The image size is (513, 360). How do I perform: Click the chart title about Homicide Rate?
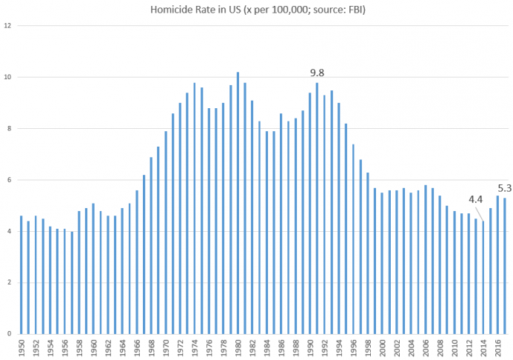pos(258,10)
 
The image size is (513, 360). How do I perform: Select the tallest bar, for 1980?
pos(238,203)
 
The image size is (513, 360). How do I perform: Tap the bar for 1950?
pos(21,275)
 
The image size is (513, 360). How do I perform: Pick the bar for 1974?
pos(195,208)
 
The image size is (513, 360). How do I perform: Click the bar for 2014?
pos(483,278)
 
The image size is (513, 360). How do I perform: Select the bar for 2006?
pos(426,259)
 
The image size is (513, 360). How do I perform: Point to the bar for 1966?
pos(137,262)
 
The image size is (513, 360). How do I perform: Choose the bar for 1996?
pos(353,239)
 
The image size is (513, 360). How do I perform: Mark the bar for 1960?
pos(93,269)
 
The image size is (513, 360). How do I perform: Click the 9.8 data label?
pos(317,73)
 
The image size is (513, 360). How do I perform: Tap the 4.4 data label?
pos(475,199)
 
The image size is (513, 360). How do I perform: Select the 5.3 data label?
pos(505,188)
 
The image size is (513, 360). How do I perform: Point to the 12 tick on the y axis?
pos(7,25)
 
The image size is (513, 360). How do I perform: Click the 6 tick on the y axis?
pos(9,180)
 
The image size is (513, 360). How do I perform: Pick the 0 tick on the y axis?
pos(9,334)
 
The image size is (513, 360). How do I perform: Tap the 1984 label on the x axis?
pos(267,348)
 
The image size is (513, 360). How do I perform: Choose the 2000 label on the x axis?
pos(383,348)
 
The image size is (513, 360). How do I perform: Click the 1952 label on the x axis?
pos(36,348)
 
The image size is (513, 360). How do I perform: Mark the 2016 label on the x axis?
pos(498,348)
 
